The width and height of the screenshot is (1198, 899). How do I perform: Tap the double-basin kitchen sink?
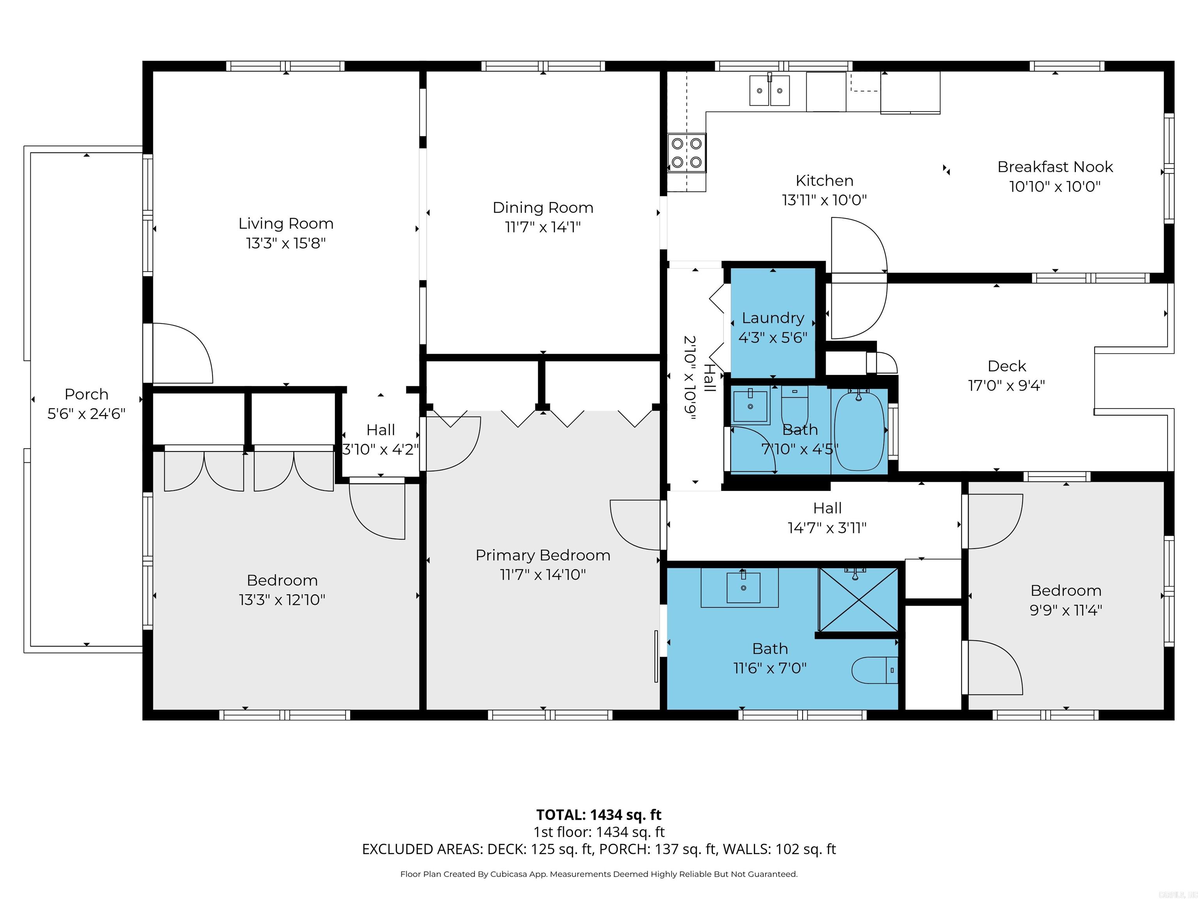pyautogui.click(x=769, y=91)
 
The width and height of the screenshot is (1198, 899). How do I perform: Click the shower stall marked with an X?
pyautogui.click(x=858, y=599)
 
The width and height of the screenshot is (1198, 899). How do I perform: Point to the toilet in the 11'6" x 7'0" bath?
pyautogui.click(x=874, y=670)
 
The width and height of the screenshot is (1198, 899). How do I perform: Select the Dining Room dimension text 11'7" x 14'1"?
pyautogui.click(x=543, y=227)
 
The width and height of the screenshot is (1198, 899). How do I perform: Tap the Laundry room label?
pyautogui.click(x=773, y=318)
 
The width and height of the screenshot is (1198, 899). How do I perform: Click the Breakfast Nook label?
pyautogui.click(x=1055, y=167)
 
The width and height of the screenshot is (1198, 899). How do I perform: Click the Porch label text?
pyautogui.click(x=86, y=394)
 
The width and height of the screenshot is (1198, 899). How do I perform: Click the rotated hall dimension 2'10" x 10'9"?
pyautogui.click(x=689, y=378)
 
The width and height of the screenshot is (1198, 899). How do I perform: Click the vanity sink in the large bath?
pyautogui.click(x=743, y=587)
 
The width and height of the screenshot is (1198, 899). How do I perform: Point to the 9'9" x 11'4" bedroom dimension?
pyautogui.click(x=1065, y=610)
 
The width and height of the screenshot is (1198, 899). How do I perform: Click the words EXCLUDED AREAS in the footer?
pyautogui.click(x=422, y=849)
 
